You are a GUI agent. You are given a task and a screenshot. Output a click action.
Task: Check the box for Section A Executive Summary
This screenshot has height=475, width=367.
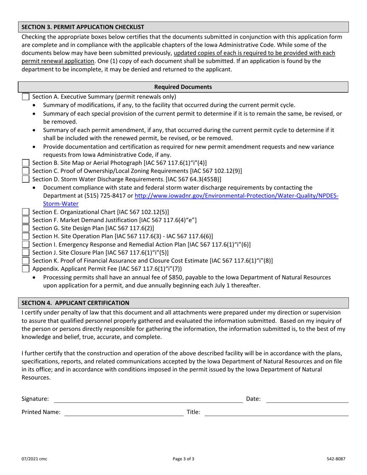click(25, 97)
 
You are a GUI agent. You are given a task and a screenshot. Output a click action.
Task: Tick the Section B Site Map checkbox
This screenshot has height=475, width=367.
click(25, 163)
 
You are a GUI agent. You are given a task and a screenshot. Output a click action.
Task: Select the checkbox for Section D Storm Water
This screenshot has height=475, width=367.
click(25, 179)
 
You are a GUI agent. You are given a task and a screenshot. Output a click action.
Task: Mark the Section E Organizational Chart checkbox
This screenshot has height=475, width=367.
click(25, 212)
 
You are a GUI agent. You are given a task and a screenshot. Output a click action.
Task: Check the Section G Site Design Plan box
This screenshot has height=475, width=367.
click(25, 228)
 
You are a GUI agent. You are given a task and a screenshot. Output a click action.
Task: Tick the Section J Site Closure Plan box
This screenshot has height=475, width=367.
click(25, 253)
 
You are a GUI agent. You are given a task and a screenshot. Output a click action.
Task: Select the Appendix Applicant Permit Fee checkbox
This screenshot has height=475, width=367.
click(25, 269)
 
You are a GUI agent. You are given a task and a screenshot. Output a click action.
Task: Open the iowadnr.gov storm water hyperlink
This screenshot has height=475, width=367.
click(236, 196)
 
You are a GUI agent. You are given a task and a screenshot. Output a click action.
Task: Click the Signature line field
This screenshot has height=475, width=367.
click(148, 399)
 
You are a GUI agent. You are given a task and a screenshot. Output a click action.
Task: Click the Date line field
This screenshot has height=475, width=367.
click(307, 399)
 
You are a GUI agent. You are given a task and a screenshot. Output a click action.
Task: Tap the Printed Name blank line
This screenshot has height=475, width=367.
click(124, 412)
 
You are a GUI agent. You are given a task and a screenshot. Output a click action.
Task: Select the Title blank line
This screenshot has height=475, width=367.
click(276, 412)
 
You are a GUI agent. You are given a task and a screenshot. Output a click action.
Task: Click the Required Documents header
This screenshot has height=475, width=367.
click(183, 87)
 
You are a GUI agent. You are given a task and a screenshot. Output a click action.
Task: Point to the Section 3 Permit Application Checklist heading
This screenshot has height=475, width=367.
click(83, 27)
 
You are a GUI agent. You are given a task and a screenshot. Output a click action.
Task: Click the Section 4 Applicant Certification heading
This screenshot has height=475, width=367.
click(75, 303)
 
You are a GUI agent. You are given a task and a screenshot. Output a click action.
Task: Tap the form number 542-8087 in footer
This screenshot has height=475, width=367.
click(335, 459)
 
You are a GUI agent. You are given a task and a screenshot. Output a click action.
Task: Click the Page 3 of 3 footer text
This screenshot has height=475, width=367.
click(183, 459)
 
